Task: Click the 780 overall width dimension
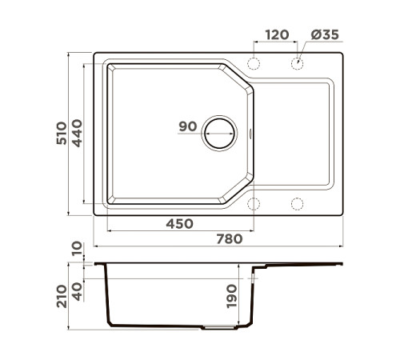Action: [230, 238]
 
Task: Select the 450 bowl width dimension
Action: [179, 224]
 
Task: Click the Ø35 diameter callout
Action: [325, 34]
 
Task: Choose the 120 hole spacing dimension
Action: [277, 34]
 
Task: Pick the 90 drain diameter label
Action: [188, 126]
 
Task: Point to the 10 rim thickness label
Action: [77, 250]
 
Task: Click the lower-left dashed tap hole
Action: [254, 203]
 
